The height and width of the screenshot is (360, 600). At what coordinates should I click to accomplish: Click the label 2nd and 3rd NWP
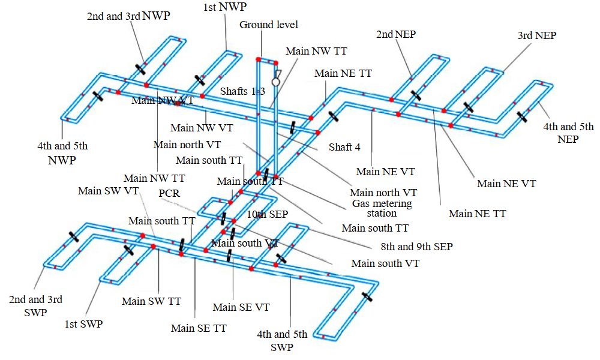click(129, 16)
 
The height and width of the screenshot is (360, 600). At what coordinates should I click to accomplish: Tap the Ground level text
click(269, 25)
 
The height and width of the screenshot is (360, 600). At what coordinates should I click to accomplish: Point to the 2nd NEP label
click(396, 34)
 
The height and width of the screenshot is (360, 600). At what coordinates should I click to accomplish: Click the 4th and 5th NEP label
click(568, 133)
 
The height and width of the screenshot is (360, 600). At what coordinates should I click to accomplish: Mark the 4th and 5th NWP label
click(63, 153)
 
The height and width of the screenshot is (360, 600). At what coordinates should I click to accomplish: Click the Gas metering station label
click(382, 208)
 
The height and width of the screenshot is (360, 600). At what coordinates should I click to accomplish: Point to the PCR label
click(169, 193)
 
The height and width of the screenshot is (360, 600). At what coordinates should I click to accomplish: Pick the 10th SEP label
click(268, 214)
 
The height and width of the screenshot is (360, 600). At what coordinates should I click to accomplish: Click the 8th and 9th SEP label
click(416, 246)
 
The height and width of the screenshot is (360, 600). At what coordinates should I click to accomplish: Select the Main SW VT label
click(109, 191)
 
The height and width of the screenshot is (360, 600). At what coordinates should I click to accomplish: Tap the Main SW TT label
click(151, 301)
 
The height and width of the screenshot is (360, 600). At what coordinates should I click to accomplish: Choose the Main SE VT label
click(241, 307)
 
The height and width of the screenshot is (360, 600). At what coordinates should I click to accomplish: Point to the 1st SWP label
click(83, 324)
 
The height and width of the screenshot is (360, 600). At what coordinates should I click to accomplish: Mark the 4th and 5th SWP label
click(281, 341)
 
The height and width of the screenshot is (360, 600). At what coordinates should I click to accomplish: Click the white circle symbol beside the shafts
click(276, 82)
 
